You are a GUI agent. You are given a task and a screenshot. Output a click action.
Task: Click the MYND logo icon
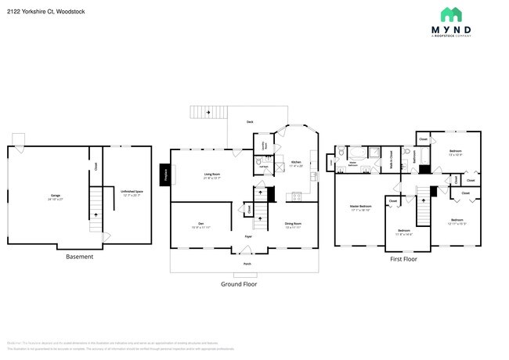452,15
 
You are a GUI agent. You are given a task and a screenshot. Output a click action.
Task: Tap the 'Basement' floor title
79,257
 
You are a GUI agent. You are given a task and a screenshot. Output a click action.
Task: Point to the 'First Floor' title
403,258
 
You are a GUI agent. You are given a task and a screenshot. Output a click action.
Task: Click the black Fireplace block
166,175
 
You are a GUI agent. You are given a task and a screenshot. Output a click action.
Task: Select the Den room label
201,225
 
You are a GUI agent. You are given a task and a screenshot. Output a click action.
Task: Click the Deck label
250,122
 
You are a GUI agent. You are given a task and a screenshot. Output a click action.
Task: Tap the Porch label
247,264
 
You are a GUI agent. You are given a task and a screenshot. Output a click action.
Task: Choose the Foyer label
247,236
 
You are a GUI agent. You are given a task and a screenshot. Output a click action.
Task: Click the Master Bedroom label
359,208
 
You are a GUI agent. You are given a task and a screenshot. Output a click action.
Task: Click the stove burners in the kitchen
297,196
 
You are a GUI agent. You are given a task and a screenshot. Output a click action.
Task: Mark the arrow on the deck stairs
208,113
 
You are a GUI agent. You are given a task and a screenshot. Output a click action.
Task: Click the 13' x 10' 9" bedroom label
455,153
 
